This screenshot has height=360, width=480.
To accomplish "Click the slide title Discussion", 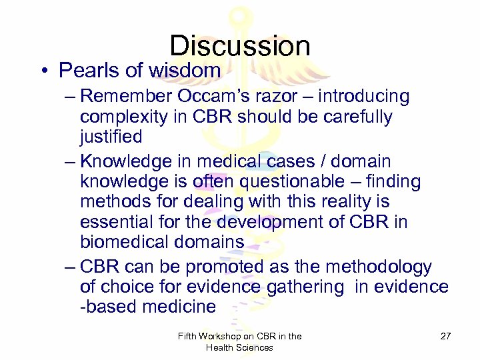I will (239, 45).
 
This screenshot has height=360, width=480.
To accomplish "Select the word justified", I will (111, 137).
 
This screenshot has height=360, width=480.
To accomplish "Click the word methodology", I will (380, 267).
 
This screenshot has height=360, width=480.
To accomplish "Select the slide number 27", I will (445, 336).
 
